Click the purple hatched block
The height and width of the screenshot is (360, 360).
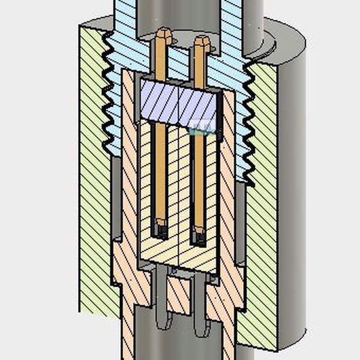tap(180, 102)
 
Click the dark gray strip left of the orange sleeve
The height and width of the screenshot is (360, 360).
tap(116, 198)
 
